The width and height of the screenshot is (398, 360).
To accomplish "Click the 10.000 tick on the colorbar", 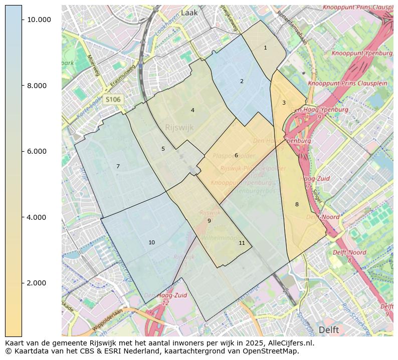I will click(39, 20).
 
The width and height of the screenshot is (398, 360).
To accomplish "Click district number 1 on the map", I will click(265, 48).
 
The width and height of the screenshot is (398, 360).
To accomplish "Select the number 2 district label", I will click(242, 81).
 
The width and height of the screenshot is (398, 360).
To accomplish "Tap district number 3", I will click(284, 103).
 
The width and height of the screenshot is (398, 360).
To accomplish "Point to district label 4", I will click(192, 110).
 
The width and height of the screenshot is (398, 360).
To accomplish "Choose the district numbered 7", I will click(118, 166).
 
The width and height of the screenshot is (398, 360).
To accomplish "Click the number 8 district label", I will click(297, 204).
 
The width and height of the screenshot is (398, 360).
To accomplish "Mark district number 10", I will click(151, 242).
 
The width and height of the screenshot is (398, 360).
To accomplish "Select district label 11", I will click(242, 243).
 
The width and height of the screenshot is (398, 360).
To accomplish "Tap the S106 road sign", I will click(113, 100).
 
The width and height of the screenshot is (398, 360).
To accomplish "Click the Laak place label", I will click(189, 13).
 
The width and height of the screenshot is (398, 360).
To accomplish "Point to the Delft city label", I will click(329, 330).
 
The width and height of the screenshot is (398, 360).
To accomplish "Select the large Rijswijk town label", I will click(179, 128).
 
